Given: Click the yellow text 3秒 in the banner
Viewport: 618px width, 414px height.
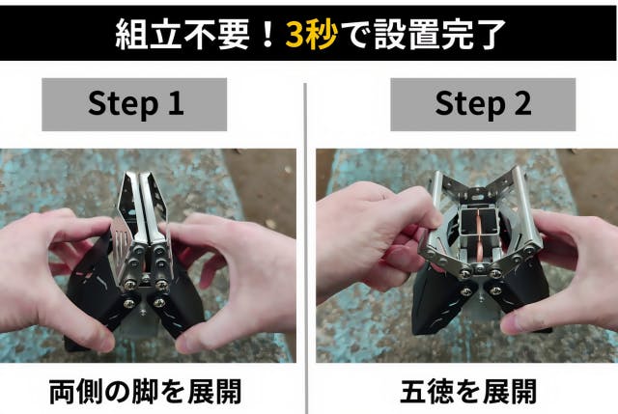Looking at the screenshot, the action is point(311,35).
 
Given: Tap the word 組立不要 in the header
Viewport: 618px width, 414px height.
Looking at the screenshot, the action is point(183,35).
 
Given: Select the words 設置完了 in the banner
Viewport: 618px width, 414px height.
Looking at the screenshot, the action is point(439,35).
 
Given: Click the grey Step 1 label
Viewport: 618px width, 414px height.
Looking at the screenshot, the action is point(134,104).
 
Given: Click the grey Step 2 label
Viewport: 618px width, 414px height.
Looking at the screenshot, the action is point(483,104).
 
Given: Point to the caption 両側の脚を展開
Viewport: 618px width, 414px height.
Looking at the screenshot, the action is point(145,392).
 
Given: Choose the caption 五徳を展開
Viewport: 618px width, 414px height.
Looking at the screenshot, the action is point(468,392).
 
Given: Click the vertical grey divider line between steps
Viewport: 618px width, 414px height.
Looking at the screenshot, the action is point(306,248).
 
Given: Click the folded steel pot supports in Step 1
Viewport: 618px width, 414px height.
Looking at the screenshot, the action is point(145,212).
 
